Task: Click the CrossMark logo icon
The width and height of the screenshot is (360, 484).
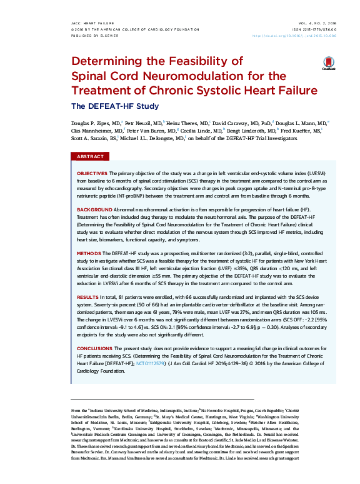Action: tap(328, 64)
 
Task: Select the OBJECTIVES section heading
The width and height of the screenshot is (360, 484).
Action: tap(91, 172)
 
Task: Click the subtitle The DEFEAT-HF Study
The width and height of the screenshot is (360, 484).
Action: tap(106, 106)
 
